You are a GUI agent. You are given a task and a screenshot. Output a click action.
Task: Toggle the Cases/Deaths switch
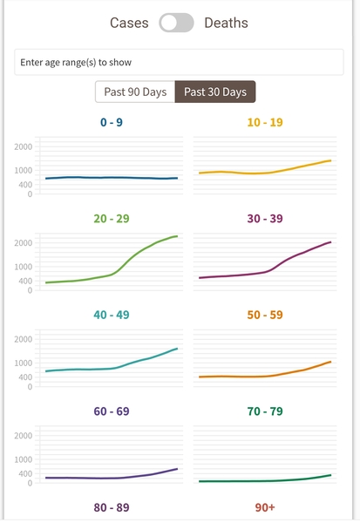(x=177, y=24)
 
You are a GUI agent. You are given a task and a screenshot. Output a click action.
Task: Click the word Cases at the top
(x=129, y=24)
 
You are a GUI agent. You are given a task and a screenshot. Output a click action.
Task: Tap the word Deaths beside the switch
(x=226, y=24)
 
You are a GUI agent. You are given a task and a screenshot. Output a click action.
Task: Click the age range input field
(x=180, y=63)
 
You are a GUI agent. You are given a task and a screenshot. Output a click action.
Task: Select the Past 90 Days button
(x=135, y=92)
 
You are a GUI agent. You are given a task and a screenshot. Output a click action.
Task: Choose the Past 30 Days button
(x=215, y=92)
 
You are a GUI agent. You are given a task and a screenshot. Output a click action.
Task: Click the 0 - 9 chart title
(x=111, y=123)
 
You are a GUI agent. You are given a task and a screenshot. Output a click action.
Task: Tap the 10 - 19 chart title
(x=266, y=123)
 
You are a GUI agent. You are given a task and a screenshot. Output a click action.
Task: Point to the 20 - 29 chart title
(x=111, y=219)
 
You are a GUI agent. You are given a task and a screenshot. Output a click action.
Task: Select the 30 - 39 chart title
(x=266, y=219)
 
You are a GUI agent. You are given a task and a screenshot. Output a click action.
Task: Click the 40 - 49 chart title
(x=111, y=315)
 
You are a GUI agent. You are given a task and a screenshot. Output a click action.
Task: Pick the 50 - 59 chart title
(x=266, y=315)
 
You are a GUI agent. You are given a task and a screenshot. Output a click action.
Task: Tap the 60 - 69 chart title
(x=111, y=411)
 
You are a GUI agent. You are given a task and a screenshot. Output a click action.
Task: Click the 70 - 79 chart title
(x=266, y=411)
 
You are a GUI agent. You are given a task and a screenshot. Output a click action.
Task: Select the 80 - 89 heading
(x=111, y=506)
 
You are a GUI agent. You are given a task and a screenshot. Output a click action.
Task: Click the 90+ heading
(x=266, y=506)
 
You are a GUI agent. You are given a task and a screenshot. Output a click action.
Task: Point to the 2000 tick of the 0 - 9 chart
(x=24, y=146)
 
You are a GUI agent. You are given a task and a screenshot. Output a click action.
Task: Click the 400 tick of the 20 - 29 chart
(x=25, y=281)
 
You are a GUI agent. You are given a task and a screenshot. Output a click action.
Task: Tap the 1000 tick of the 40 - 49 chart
(x=24, y=363)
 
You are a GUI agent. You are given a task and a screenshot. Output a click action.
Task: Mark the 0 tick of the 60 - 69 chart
(x=30, y=482)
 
